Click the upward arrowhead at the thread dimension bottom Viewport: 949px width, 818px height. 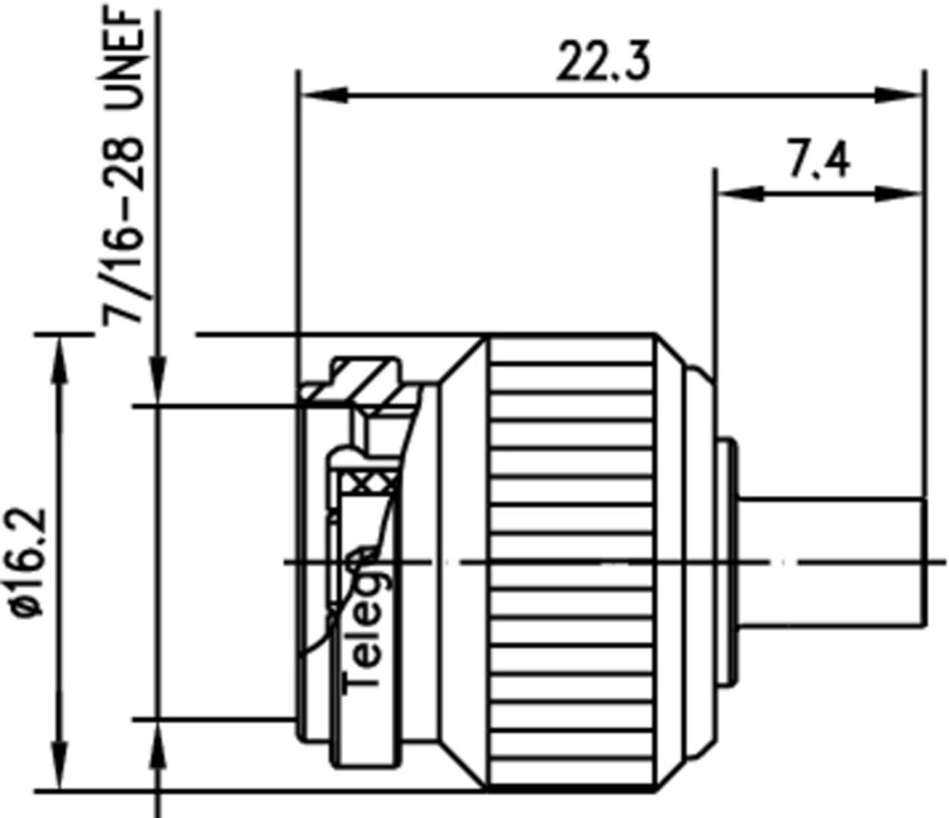coord(157,745)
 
